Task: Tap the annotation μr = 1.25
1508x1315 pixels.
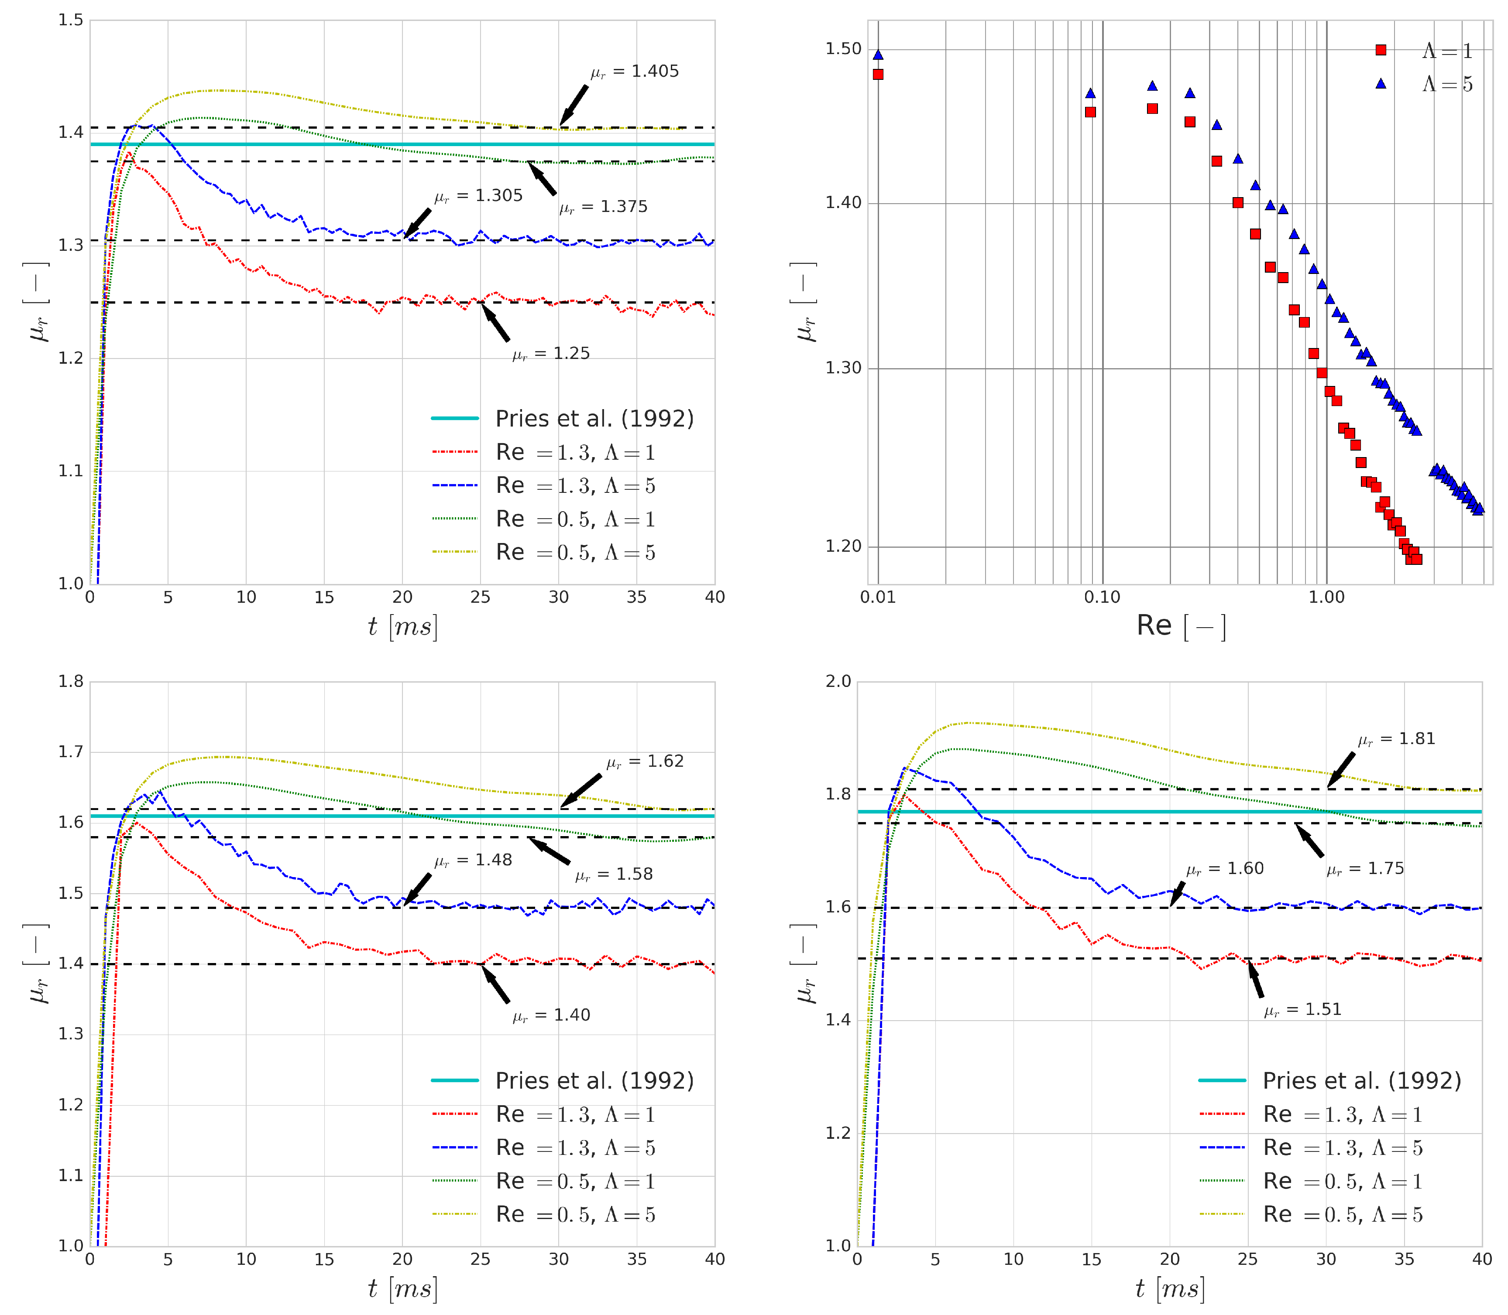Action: [x=551, y=354]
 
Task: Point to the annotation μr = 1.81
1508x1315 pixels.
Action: [x=1396, y=739]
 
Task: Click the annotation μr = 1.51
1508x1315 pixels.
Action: [x=1302, y=1010]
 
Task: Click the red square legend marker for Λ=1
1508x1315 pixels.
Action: [x=1380, y=50]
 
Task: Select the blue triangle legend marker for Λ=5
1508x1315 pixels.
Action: [x=1380, y=84]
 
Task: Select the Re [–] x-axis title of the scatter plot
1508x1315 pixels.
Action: [x=1181, y=626]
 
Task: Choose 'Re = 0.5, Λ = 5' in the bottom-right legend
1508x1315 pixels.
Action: [x=1342, y=1215]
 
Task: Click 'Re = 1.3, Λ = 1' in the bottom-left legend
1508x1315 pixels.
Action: [x=575, y=1115]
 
